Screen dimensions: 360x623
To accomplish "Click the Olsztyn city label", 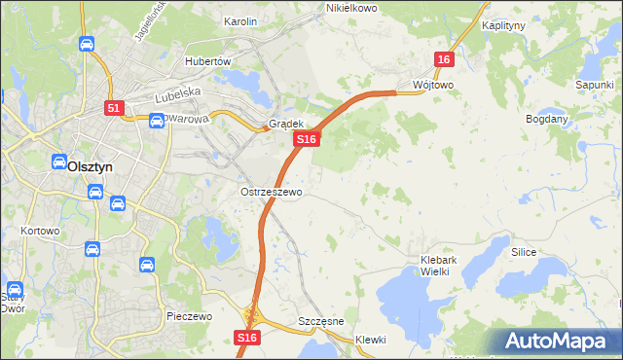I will tap(91, 166).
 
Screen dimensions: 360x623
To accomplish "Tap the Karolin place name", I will tap(240, 20).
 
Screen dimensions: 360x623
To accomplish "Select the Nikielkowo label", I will tap(350, 8).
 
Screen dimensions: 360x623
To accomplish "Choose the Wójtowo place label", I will tap(433, 85).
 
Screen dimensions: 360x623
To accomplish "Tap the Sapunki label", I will tap(594, 85).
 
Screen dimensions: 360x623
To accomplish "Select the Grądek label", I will tap(287, 125).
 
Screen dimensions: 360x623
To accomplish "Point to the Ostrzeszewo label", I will tap(272, 192).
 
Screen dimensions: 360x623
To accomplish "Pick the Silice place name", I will tap(524, 252).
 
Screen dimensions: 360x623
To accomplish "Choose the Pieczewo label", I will tap(189, 317).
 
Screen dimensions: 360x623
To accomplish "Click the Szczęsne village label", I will tap(318, 322).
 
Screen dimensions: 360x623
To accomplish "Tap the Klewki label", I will tap(371, 340).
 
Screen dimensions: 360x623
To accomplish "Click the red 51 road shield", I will tap(114, 109).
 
